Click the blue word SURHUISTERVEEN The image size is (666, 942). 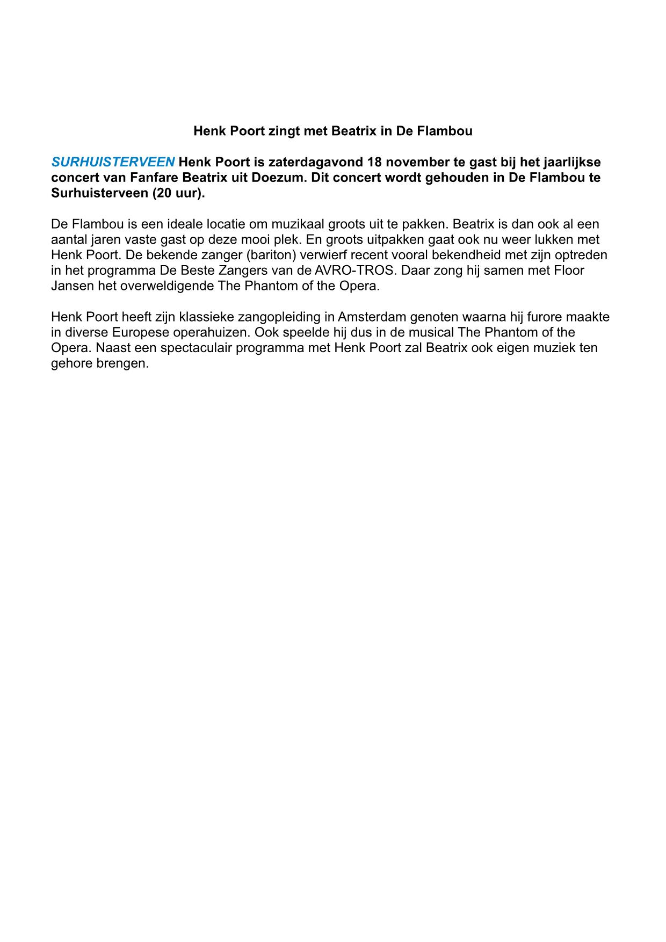pos(113,162)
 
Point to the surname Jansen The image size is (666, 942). pos(73,286)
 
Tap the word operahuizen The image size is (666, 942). pos(211,332)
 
